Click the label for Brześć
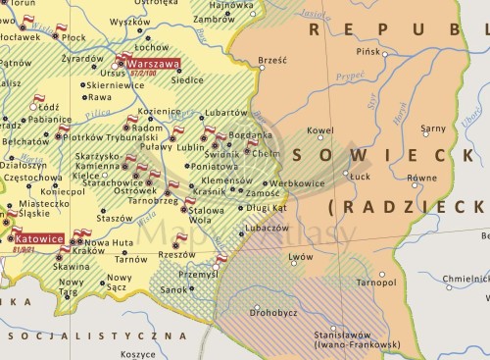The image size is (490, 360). point(271,61)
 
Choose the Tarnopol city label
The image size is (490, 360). point(377,283)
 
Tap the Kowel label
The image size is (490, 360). point(320,129)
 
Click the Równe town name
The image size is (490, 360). point(422,179)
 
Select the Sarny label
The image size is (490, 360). point(432,129)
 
